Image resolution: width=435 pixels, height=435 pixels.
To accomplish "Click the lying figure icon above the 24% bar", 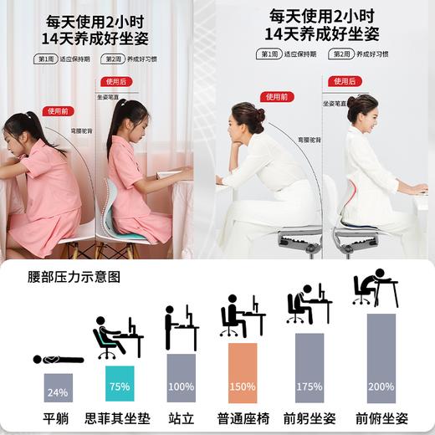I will coord(58,359).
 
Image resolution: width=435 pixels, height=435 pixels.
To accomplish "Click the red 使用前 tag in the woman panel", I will coord(276,97).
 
